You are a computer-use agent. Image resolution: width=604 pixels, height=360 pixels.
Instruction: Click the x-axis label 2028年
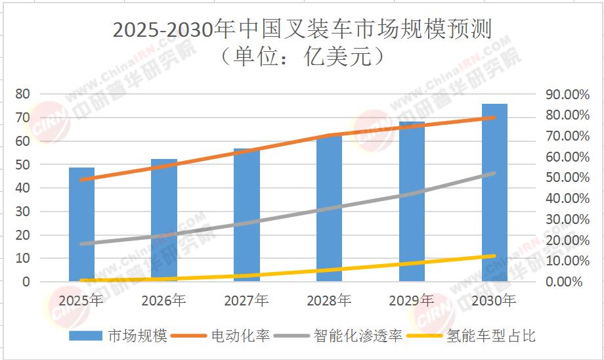click(329, 301)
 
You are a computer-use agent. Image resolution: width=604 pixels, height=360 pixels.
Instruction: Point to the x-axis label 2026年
click(163, 301)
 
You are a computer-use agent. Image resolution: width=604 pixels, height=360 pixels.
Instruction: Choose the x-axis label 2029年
click(411, 301)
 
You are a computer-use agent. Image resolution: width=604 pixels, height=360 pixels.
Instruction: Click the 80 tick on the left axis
click(22, 94)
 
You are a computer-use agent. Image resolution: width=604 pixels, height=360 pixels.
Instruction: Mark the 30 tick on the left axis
click(22, 212)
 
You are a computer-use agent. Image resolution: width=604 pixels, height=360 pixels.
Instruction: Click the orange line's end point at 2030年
click(494, 118)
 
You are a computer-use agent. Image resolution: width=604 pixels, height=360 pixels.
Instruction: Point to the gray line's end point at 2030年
click(494, 173)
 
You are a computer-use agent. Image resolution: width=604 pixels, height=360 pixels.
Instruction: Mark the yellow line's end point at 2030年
click(494, 256)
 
